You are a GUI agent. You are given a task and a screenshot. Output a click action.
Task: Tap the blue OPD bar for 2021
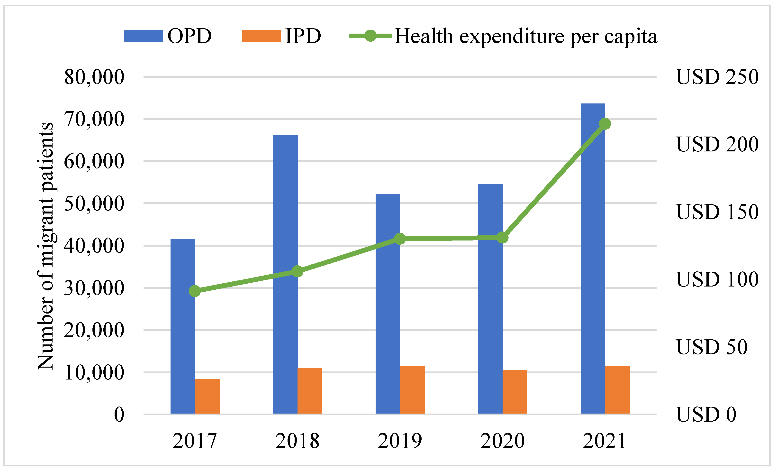pyautogui.click(x=593, y=259)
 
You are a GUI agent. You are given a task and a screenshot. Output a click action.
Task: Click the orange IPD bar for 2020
pyautogui.click(x=515, y=392)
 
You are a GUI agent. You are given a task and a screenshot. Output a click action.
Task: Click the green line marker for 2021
pyautogui.click(x=605, y=124)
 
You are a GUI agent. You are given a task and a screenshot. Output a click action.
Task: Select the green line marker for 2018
pyautogui.click(x=297, y=271)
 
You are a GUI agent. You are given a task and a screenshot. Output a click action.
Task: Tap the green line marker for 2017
pyautogui.click(x=195, y=291)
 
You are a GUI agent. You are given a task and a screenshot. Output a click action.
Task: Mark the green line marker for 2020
pyautogui.click(x=502, y=238)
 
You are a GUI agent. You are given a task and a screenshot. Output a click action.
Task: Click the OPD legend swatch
pyautogui.click(x=144, y=36)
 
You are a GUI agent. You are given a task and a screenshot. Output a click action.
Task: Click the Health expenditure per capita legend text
pyautogui.click(x=526, y=37)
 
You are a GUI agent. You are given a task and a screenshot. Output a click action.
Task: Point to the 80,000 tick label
pyautogui.click(x=94, y=77)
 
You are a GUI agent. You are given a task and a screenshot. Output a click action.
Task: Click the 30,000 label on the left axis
pyautogui.click(x=94, y=288)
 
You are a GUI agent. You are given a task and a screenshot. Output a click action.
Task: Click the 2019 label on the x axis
pyautogui.click(x=400, y=441)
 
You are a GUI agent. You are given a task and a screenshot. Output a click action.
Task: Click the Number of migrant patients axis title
pyautogui.click(x=45, y=246)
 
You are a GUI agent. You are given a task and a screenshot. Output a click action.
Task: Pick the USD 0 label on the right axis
pyautogui.click(x=706, y=414)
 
